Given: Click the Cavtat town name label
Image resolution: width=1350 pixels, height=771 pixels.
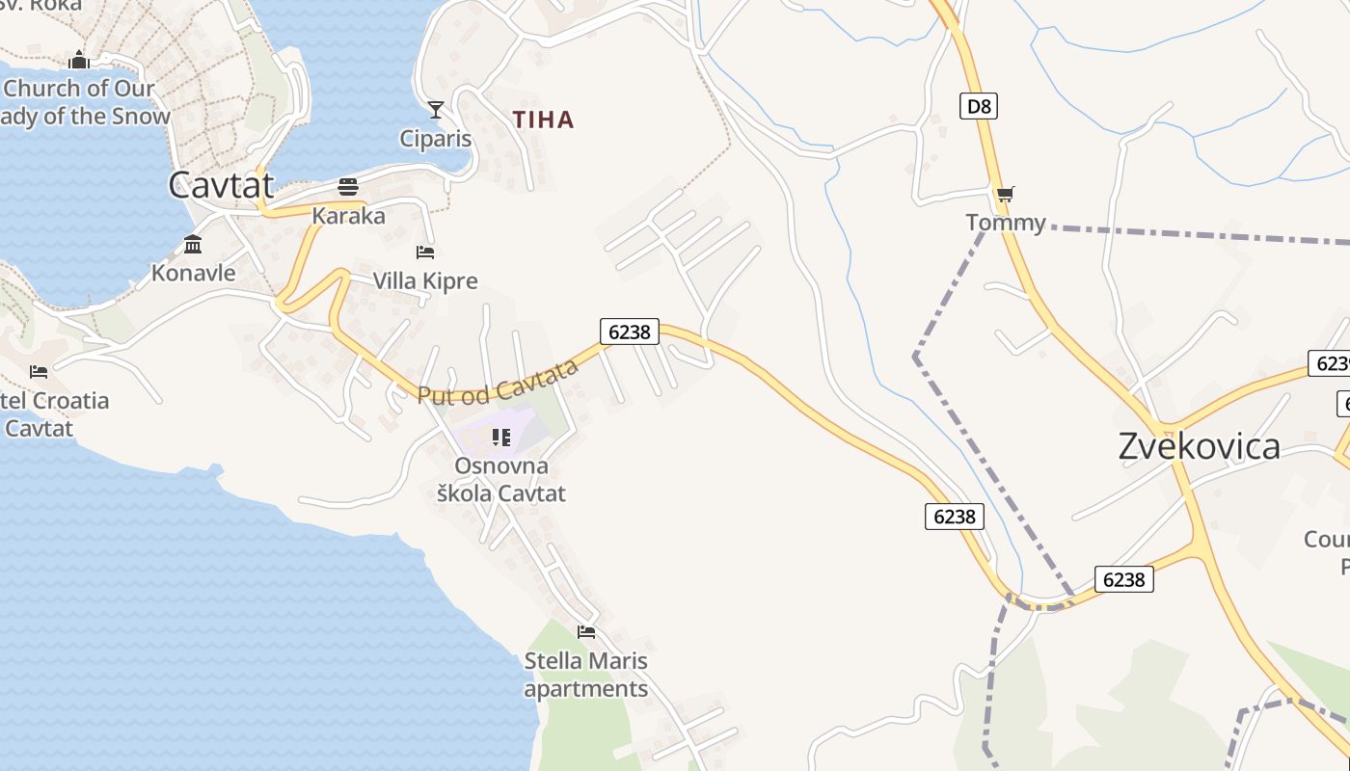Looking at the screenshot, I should point(221,184).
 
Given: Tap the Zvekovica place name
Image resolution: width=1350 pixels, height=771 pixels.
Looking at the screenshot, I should point(1199,446).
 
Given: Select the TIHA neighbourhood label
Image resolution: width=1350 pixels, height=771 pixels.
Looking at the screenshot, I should point(543,120).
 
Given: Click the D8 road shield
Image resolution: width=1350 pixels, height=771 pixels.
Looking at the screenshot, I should point(978,106).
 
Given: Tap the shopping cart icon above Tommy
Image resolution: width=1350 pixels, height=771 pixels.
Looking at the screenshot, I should point(1005,195).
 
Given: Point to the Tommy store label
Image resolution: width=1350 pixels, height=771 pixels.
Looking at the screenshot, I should point(1006,223).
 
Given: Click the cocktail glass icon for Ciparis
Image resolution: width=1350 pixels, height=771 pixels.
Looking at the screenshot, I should point(436,110).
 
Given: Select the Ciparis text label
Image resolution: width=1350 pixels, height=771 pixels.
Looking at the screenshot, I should point(436,139).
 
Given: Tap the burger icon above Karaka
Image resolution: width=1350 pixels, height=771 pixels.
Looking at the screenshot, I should point(348,187).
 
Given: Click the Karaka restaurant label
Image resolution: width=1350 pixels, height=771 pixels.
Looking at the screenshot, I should point(348,216).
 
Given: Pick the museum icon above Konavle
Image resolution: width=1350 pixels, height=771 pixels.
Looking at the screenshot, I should point(193,244).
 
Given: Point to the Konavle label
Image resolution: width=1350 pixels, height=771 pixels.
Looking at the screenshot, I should point(193,273).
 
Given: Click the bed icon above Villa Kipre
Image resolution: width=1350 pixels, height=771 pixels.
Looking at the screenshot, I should point(425,253).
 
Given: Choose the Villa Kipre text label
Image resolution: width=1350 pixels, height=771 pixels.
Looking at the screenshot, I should point(425,281).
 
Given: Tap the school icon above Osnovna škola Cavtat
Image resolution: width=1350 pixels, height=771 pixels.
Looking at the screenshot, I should point(500,438).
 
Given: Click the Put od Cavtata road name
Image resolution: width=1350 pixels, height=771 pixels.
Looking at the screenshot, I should point(498,383).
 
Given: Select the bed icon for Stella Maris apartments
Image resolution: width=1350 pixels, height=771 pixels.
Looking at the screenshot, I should point(585,632).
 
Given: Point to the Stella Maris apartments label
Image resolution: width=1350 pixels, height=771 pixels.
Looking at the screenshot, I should point(585,675).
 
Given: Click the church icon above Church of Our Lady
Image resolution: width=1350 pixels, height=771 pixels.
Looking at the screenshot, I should point(79,61).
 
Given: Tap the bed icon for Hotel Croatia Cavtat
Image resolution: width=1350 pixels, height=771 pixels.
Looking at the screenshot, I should point(39,371).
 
